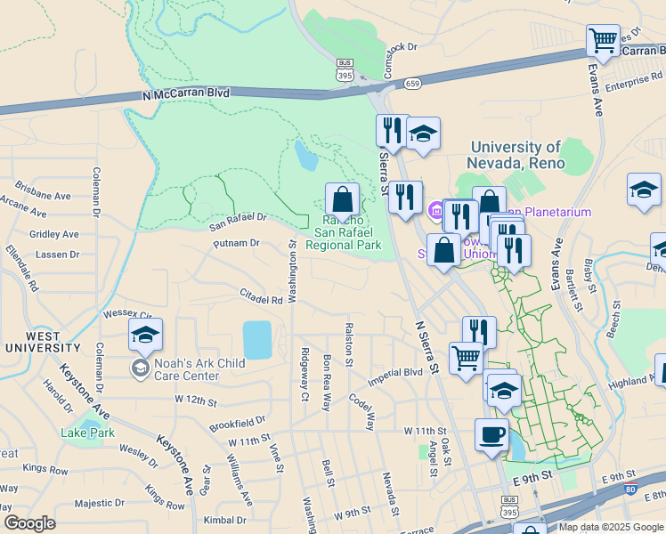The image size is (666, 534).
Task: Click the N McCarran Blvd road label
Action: click(x=185, y=93)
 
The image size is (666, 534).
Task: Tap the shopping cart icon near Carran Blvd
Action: click(x=603, y=40)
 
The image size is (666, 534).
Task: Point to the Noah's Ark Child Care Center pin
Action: click(x=141, y=368)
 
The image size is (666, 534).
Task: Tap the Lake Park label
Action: click(x=88, y=433)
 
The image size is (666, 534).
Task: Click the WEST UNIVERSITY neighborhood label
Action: click(x=32, y=342)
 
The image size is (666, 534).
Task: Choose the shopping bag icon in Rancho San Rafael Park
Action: click(x=342, y=199)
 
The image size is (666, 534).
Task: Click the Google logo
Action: click(x=29, y=523)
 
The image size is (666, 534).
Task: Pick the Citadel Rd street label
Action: click(x=261, y=295)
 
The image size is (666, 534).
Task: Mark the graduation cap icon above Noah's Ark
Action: click(x=145, y=336)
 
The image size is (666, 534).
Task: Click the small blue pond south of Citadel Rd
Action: click(x=257, y=340)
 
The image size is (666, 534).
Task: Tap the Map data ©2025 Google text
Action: click(x=610, y=527)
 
